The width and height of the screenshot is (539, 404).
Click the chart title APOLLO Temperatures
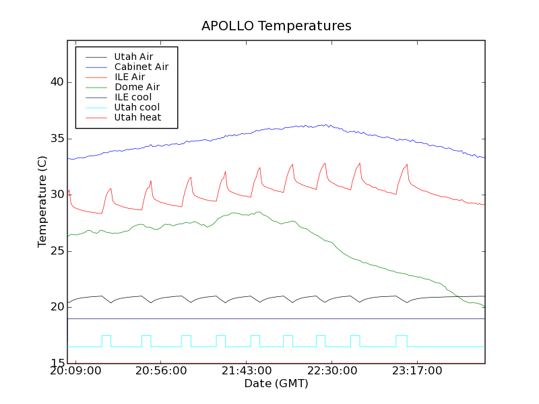point(276,26)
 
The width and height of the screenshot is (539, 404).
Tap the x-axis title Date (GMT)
point(276,384)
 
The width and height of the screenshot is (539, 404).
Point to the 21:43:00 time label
point(247,372)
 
